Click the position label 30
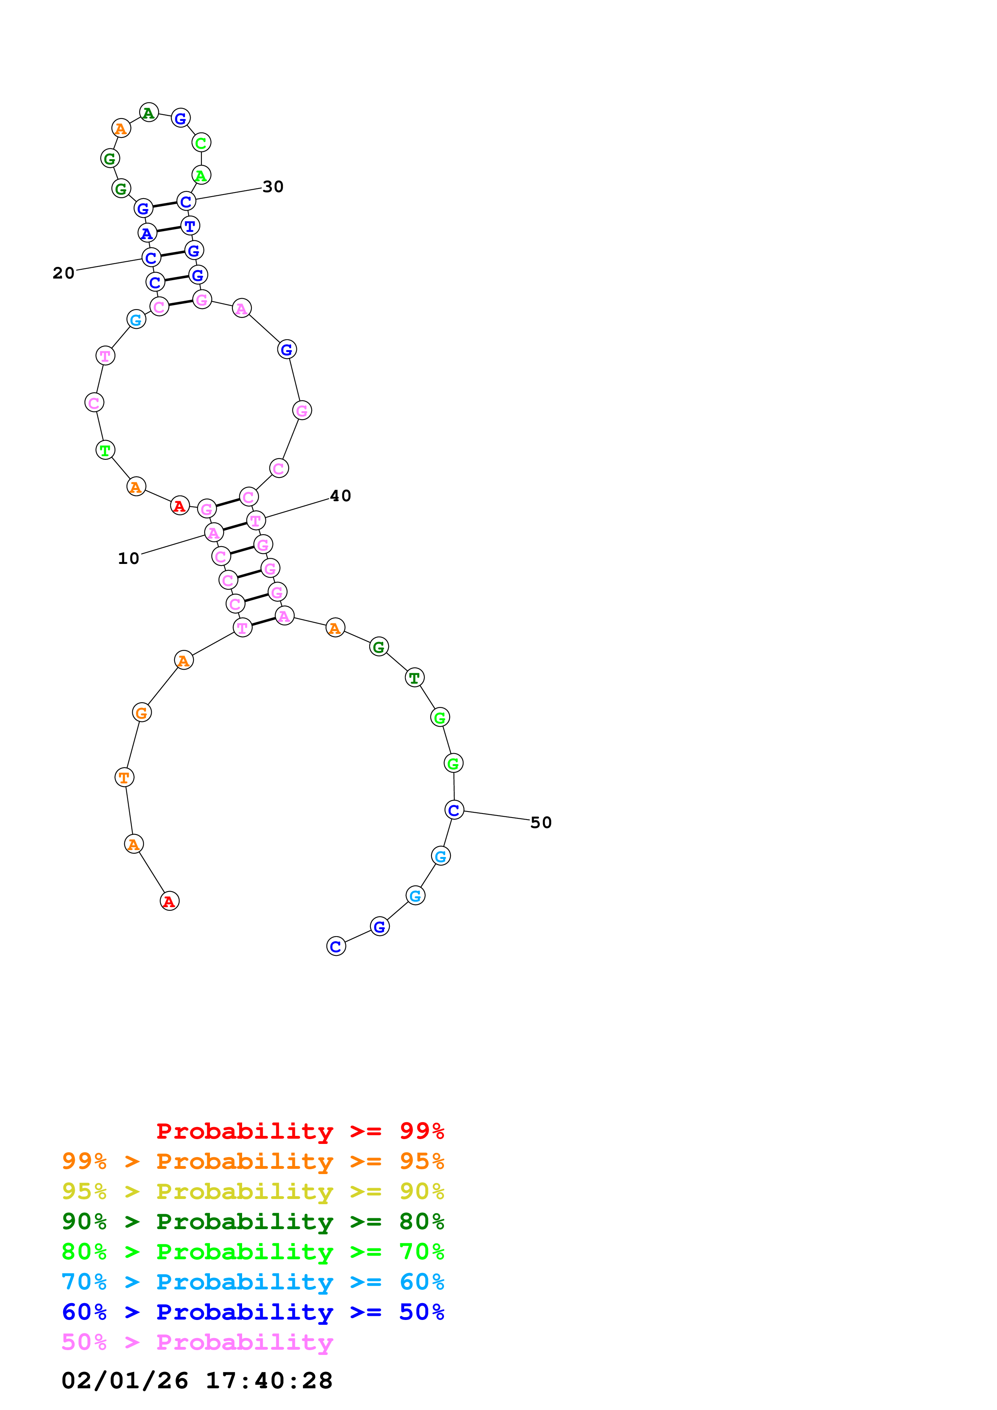273,186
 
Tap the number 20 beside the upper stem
63,273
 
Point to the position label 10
128,558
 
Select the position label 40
340,496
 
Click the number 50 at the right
541,822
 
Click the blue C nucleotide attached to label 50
454,810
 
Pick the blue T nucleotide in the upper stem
190,226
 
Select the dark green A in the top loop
149,113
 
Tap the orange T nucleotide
124,777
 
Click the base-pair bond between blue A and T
169,230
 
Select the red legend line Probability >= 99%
300,1131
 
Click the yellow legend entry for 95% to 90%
253,1191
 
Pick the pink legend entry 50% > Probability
197,1342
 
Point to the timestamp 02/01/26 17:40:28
197,1381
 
